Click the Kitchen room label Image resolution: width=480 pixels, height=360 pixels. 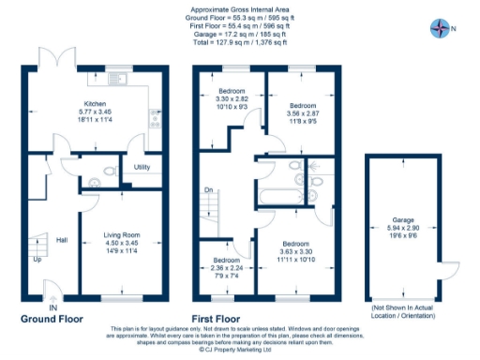[x=95, y=104]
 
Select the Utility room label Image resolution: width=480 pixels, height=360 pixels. [x=142, y=167]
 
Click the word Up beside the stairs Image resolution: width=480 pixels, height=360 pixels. [x=37, y=259]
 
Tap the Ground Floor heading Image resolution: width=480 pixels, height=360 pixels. [x=51, y=318]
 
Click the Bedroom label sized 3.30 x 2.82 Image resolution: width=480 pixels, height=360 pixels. [x=225, y=91]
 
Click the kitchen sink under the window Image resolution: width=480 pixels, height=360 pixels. [x=118, y=79]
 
